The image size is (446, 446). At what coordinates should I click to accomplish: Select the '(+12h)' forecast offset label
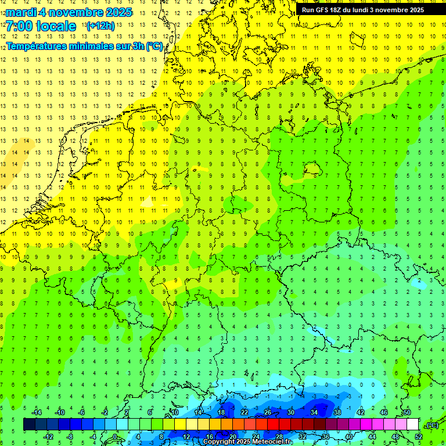point(100,26)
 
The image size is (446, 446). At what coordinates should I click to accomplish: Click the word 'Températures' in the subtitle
point(38,46)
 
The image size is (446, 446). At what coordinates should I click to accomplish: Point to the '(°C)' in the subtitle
point(154,46)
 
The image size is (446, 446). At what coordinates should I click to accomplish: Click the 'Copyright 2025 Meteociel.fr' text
point(248,442)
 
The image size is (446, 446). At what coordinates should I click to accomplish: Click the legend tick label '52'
point(418,437)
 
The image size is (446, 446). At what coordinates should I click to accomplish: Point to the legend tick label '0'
point(116,437)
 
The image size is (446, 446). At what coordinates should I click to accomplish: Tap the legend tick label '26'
point(267,412)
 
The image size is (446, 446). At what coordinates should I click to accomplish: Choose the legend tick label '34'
point(314,412)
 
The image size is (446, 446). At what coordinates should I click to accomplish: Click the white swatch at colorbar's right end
point(412,425)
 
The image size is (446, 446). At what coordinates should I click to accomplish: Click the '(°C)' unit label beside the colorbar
point(432,425)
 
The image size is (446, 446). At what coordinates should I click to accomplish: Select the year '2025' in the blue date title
point(116,12)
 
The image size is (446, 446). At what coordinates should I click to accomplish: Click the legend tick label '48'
point(395,437)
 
